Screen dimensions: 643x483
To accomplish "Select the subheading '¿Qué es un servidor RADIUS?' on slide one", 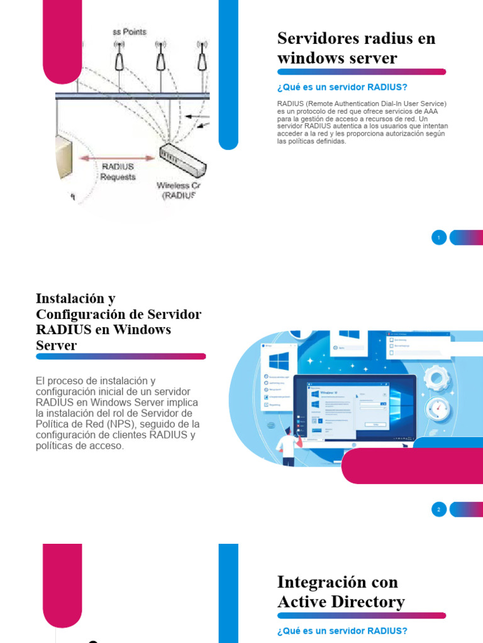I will click(x=342, y=87).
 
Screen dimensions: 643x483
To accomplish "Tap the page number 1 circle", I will click(x=439, y=237).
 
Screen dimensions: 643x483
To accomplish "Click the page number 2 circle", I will click(x=439, y=509).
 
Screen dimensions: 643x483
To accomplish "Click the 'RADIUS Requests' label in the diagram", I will click(x=118, y=171).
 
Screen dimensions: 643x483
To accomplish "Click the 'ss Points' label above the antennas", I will click(x=130, y=31).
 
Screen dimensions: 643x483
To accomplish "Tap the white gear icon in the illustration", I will click(x=435, y=378).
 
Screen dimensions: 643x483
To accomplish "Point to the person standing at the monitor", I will click(x=288, y=446).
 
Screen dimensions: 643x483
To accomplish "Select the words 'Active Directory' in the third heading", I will click(x=341, y=602).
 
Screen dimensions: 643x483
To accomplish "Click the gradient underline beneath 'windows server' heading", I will click(x=362, y=72).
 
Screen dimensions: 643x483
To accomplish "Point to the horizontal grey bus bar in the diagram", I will click(x=132, y=95).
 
